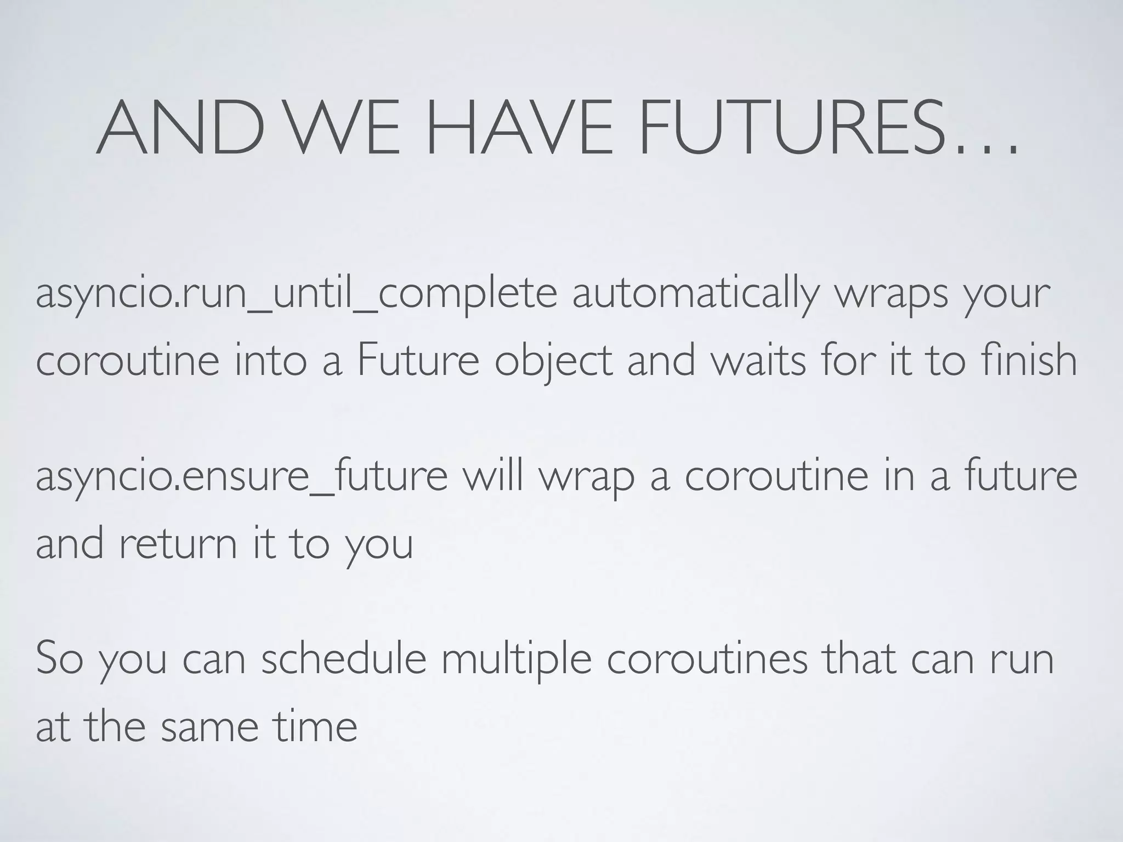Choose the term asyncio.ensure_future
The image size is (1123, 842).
click(x=241, y=476)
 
